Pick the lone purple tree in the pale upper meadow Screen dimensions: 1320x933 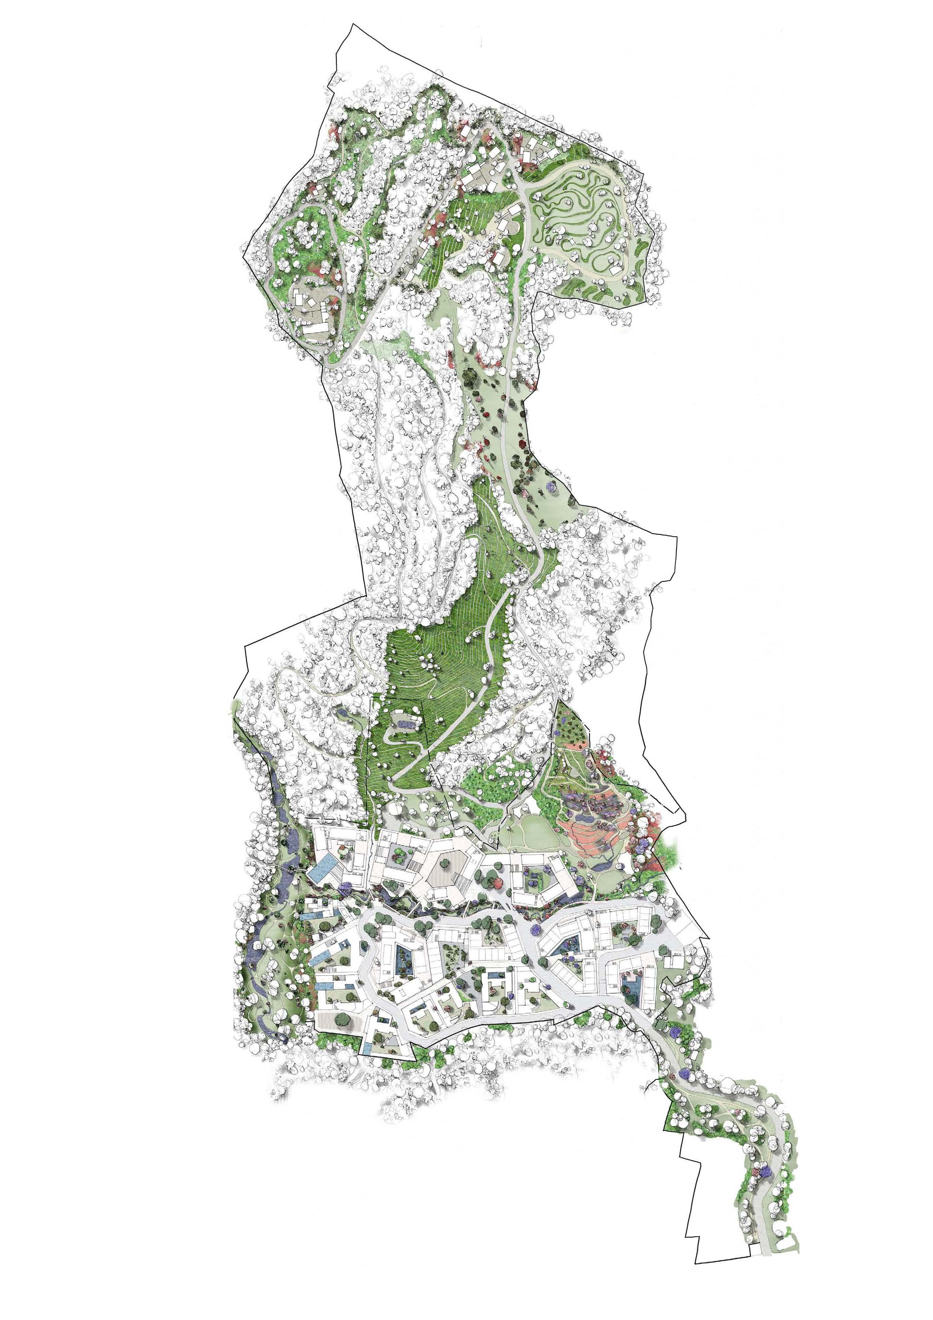(x=552, y=471)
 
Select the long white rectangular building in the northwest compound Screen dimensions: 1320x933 (x=315, y=328)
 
